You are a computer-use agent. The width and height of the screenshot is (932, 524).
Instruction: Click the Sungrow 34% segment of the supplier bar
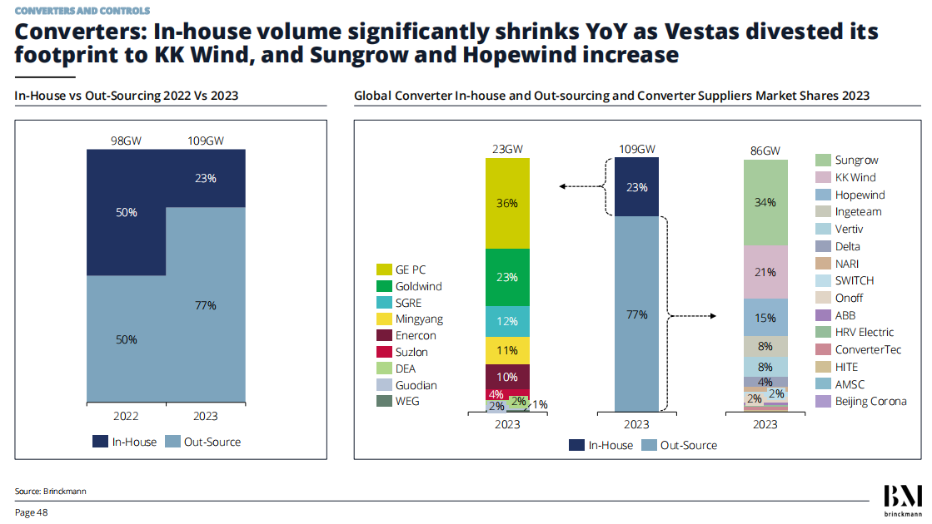[765, 202]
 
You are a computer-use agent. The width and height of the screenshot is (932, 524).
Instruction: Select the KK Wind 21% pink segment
[765, 272]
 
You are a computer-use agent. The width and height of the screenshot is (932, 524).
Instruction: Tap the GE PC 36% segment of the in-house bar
[507, 203]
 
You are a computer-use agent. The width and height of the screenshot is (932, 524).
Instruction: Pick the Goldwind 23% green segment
[507, 277]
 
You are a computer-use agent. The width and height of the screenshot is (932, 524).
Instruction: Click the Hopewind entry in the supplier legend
[860, 195]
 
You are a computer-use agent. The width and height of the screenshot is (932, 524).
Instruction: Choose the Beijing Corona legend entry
[870, 402]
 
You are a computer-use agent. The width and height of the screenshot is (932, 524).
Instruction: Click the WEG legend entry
[407, 402]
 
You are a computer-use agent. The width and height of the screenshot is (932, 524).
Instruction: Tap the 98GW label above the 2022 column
[127, 141]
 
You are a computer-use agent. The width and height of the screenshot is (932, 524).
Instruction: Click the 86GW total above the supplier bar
[765, 151]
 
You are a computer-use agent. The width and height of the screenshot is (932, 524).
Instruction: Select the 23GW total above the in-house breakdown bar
[507, 150]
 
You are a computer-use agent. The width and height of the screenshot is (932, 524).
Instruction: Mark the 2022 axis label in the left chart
[127, 416]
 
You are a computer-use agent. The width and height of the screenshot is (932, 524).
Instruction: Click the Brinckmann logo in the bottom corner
[903, 499]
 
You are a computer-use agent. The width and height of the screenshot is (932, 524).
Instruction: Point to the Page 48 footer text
[32, 512]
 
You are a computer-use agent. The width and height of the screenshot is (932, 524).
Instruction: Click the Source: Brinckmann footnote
[50, 492]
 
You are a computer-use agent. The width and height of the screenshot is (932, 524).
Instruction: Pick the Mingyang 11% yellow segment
[507, 351]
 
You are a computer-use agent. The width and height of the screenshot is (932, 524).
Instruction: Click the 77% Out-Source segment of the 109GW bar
[637, 314]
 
